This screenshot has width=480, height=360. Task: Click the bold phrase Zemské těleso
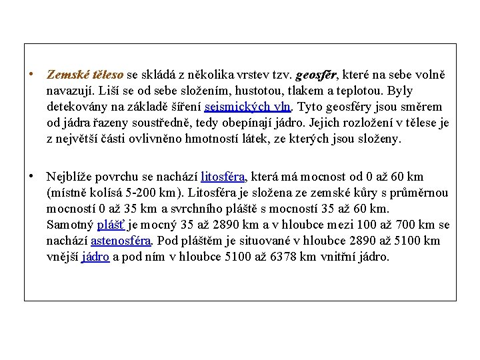coord(85,75)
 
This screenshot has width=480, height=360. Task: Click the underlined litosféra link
coord(223,177)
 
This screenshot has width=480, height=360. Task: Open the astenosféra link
coord(121,241)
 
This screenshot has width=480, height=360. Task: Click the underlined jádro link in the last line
coord(95,257)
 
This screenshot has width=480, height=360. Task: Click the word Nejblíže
coord(69,177)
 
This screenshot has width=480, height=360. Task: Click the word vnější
coord(62,257)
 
